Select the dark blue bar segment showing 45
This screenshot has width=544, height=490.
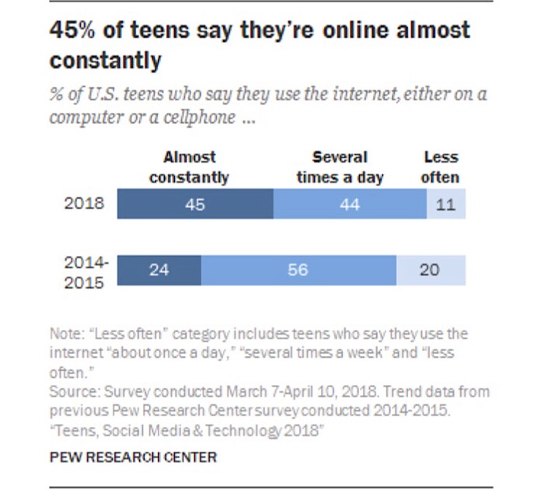point(195,206)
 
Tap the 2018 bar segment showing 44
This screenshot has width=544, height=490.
point(350,206)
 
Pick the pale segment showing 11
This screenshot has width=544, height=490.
point(446,206)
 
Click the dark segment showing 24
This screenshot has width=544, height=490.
point(159,270)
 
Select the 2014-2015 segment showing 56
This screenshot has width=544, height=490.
point(298,270)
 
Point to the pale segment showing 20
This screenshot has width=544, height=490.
point(431,270)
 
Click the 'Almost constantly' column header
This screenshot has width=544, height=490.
point(190,167)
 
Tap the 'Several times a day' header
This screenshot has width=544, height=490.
point(340,167)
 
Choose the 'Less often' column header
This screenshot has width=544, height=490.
point(440,167)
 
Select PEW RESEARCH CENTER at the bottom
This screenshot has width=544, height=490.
point(133,457)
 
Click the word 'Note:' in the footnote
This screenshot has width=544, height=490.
point(68,334)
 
